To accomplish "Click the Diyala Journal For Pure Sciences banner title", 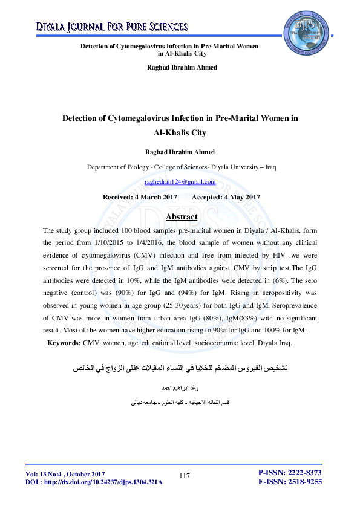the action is click(104, 27).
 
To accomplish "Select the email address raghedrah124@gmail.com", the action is click(180, 182).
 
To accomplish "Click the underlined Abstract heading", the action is click(181, 216).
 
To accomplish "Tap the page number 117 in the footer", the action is click(185, 476).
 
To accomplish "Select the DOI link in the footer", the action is click(94, 482).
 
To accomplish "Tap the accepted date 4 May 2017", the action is click(226, 197).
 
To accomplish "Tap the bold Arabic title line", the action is click(180, 367).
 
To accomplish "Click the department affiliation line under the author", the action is click(180, 167).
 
